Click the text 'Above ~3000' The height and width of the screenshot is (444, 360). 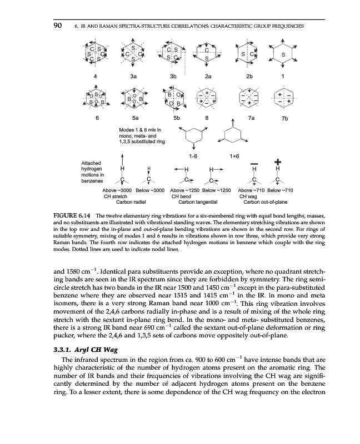click(x=118, y=190)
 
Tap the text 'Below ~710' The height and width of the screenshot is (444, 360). click(x=281, y=190)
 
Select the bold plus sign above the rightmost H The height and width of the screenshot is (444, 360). click(x=277, y=162)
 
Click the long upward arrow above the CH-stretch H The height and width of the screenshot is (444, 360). click(x=122, y=159)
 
